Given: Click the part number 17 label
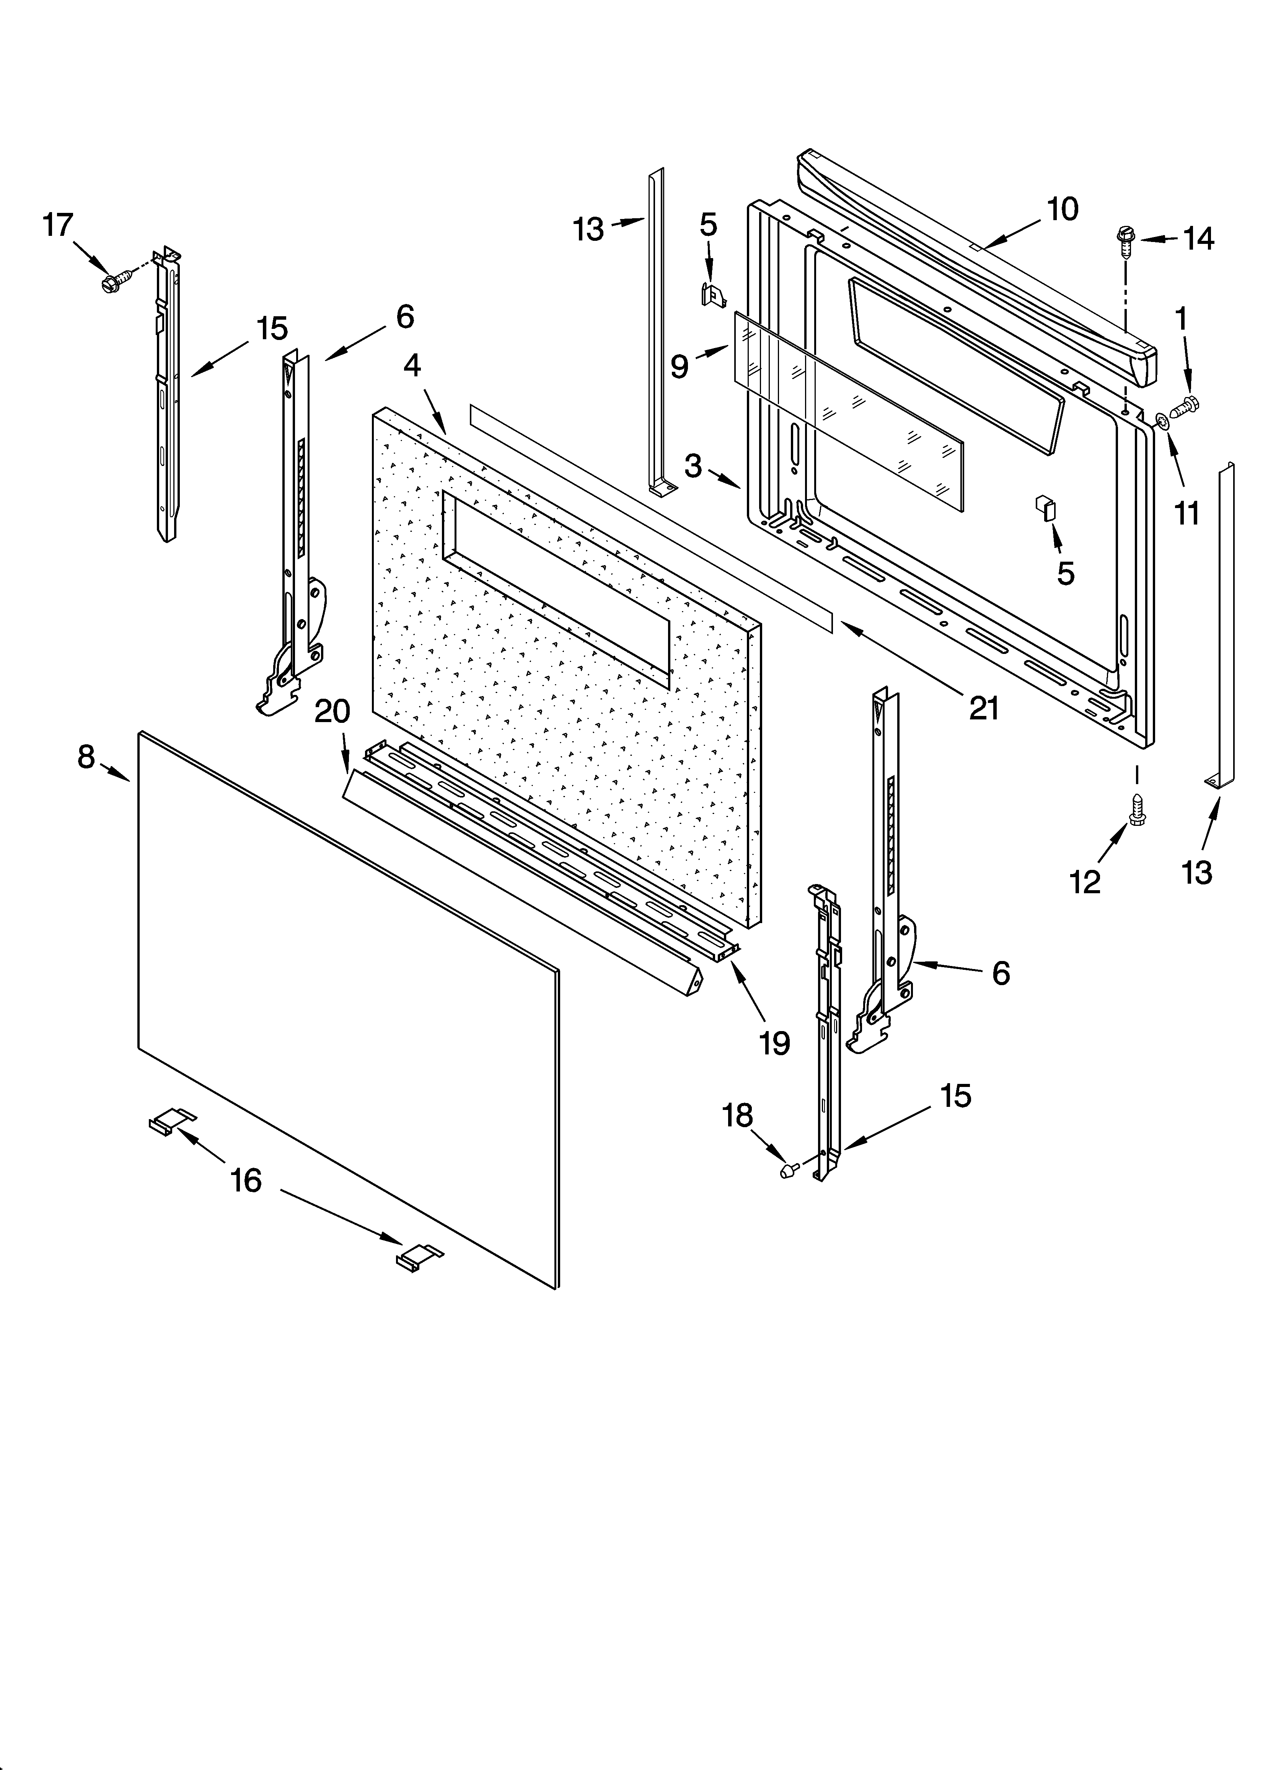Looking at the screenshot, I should [58, 226].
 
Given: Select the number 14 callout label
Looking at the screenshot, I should [1198, 239].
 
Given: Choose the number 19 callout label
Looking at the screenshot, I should [775, 1043].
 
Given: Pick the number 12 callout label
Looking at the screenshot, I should [1085, 882].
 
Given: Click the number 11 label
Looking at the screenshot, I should [1186, 513].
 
